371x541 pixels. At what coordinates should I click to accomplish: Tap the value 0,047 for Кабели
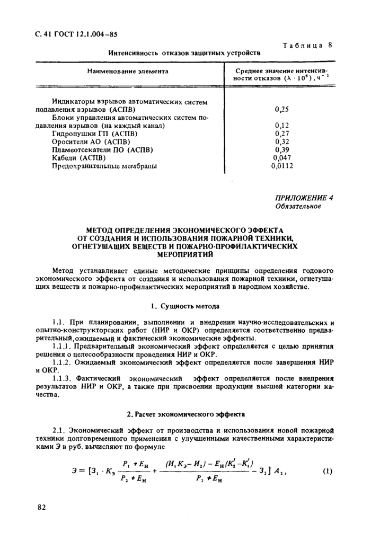click(283, 158)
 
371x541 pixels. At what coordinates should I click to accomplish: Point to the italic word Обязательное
click(298, 206)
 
